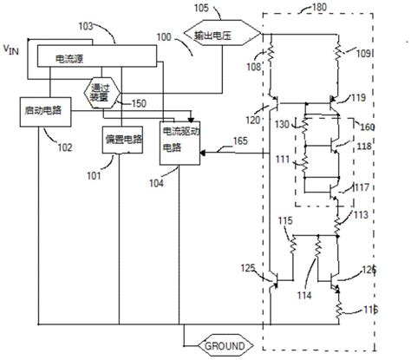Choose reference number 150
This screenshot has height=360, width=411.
137,105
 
